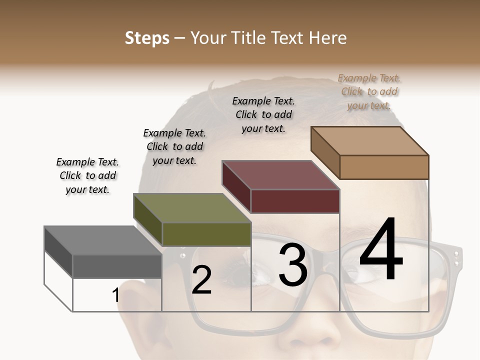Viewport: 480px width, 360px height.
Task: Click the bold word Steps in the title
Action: coord(147,38)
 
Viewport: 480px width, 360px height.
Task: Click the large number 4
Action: coord(381,250)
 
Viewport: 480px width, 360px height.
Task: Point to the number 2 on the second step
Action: coord(201,280)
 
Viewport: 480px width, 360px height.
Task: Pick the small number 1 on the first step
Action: coord(116,295)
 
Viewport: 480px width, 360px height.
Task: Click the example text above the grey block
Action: coord(87,175)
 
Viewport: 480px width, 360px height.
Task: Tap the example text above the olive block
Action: coord(174,146)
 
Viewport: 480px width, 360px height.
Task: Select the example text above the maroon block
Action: coord(263,114)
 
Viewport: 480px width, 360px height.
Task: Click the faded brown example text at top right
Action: coord(369,91)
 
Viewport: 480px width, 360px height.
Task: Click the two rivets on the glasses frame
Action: coord(456,257)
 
